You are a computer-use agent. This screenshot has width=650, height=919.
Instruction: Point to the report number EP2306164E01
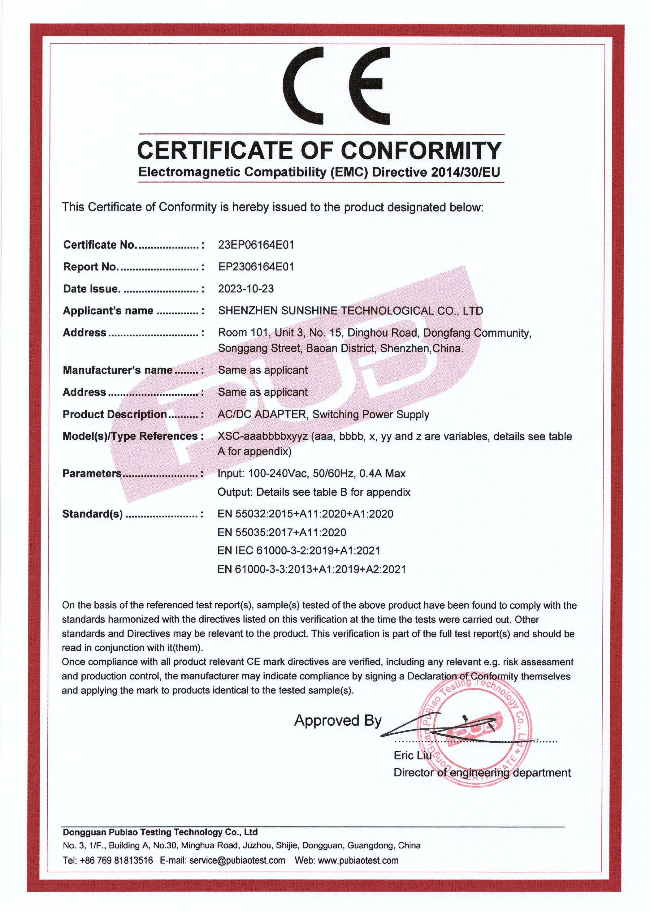tap(256, 267)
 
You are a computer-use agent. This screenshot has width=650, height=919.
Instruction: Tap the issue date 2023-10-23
tap(246, 289)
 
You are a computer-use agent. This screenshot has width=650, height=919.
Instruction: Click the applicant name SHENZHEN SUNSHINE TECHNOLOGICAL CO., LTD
tap(350, 311)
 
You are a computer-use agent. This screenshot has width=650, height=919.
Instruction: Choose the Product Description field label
tap(115, 414)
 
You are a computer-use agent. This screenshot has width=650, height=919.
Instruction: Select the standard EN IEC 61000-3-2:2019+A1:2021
tap(299, 551)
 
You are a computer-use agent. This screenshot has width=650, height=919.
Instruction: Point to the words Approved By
tap(338, 720)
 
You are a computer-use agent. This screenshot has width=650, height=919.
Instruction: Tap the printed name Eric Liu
tap(413, 755)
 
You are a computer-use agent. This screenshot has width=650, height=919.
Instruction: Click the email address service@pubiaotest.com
tap(237, 861)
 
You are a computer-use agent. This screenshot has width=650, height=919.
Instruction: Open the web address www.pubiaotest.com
tap(358, 861)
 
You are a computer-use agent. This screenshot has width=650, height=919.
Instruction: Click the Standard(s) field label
tap(93, 514)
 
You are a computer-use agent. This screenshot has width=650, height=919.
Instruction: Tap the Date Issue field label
tap(92, 289)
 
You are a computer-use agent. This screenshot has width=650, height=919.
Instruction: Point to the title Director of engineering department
tap(482, 773)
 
